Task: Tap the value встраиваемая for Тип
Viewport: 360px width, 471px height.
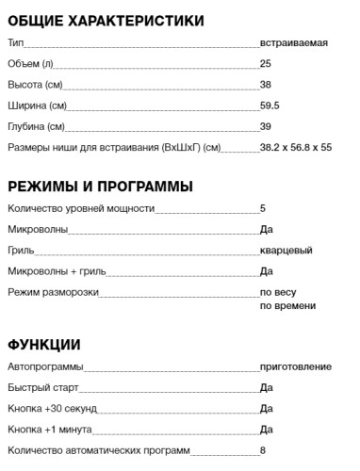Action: click(x=294, y=43)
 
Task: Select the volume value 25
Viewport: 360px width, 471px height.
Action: click(x=266, y=64)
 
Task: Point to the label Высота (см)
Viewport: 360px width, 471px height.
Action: click(x=35, y=85)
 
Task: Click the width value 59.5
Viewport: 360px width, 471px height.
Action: click(x=270, y=106)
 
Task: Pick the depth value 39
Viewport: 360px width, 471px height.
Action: click(x=266, y=126)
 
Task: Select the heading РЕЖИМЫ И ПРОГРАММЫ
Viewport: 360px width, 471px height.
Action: click(x=100, y=186)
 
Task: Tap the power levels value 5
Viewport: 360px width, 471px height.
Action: click(x=263, y=209)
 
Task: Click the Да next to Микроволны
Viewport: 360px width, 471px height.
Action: click(x=266, y=230)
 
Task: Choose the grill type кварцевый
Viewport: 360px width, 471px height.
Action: click(x=286, y=251)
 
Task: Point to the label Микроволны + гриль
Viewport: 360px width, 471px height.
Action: click(x=57, y=271)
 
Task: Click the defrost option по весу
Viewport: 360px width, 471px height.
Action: click(x=279, y=292)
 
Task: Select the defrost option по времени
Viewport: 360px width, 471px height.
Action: click(x=287, y=306)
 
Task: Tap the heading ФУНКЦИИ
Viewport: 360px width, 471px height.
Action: click(x=43, y=344)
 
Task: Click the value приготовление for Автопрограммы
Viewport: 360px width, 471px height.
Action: click(x=296, y=367)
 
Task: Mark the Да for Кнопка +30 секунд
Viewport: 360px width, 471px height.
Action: click(x=266, y=409)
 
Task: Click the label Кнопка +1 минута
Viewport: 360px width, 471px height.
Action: click(x=49, y=430)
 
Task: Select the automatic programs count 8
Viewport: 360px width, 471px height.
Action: click(x=263, y=450)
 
